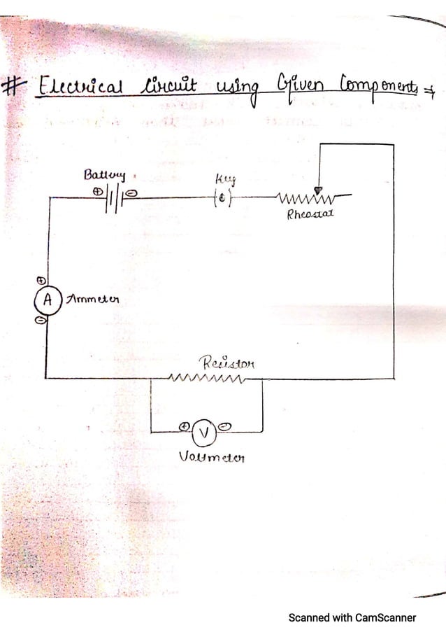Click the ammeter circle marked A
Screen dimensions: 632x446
(48, 300)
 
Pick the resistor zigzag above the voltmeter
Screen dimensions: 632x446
(208, 380)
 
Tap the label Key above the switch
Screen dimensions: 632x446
(219, 183)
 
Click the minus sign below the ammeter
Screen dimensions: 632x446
(41, 321)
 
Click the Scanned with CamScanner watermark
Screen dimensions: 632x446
(352, 617)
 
